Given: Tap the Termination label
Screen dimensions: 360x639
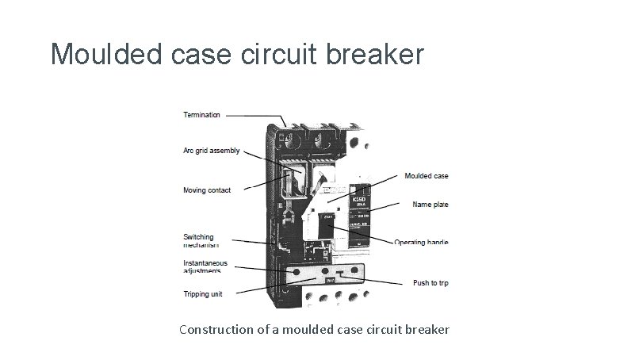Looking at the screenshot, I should point(202,115).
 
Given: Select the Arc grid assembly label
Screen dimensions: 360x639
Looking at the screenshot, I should point(211,151).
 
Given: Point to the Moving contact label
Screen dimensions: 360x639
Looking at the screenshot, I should point(207,190).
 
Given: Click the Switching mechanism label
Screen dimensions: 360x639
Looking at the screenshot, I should point(198,241).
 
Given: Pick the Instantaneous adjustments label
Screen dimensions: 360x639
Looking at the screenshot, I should point(205,266).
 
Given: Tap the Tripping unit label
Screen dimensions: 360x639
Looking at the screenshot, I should point(203,294).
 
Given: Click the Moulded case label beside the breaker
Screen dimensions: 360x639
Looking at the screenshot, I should point(426,176).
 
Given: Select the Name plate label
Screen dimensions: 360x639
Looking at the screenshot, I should point(430,205).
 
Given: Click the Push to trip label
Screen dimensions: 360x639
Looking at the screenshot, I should point(430,283).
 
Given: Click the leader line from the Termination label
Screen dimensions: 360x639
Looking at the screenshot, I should point(254,116).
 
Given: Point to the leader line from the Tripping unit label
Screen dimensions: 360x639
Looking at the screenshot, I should point(262,288).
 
